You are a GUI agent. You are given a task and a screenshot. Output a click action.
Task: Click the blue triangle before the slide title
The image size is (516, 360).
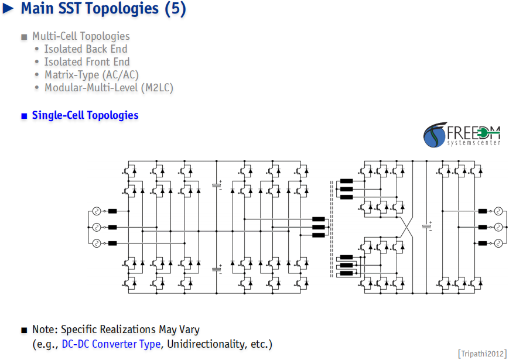click(8, 9)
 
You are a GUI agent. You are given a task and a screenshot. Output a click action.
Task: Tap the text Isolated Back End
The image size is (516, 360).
click(86, 49)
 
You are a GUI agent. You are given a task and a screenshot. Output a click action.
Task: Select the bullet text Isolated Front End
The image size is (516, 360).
click(87, 62)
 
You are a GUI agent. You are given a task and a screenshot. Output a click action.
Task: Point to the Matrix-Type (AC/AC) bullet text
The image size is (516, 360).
click(91, 75)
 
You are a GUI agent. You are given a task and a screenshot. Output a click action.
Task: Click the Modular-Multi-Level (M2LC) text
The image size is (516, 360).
click(109, 88)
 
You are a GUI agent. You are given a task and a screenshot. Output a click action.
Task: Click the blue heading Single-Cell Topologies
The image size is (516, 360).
click(86, 115)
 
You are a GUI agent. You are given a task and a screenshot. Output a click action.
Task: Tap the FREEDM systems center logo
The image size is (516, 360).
click(462, 135)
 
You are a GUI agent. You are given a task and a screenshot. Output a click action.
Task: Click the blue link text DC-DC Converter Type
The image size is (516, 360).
click(111, 344)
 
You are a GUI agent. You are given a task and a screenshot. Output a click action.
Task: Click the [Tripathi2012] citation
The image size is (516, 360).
click(482, 354)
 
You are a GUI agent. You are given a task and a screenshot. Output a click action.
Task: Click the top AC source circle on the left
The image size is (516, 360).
click(97, 211)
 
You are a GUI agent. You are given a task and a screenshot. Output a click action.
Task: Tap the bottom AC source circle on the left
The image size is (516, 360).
click(97, 244)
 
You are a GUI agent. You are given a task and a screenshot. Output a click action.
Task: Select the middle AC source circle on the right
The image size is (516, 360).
click(498, 227)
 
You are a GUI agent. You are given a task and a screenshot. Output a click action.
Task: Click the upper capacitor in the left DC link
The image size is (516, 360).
click(217, 185)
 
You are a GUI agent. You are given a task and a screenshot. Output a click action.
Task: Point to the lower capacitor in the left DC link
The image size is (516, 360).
click(217, 269)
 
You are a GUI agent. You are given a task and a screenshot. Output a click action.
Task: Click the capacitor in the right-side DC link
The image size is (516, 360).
click(427, 226)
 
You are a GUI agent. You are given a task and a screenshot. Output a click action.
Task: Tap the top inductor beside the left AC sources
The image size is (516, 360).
click(112, 211)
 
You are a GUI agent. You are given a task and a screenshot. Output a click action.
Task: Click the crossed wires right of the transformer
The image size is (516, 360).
click(406, 227)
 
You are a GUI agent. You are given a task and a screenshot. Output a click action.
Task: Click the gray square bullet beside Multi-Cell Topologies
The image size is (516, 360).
click(24, 37)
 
